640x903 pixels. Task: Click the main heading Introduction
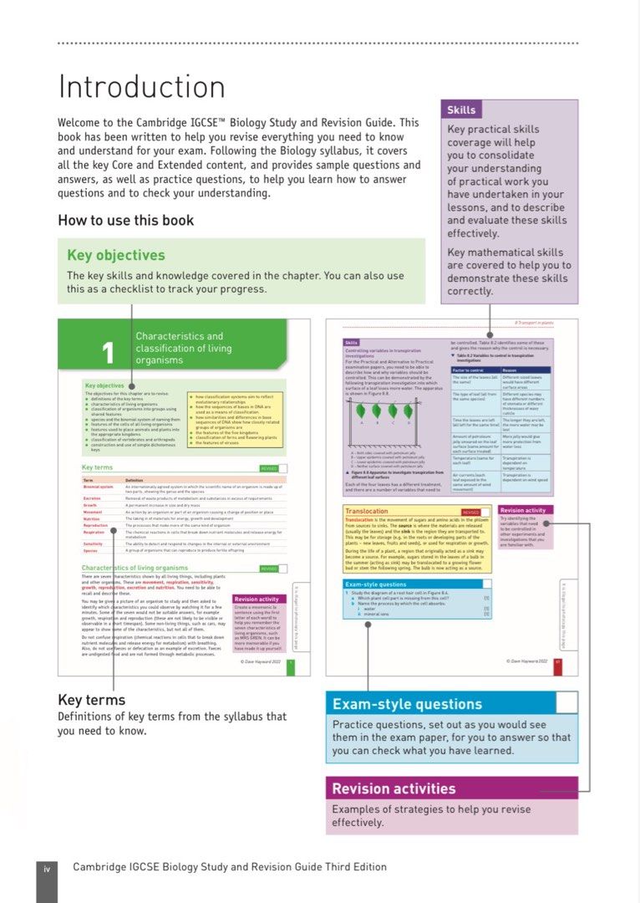coord(141,88)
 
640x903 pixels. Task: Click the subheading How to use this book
coord(125,221)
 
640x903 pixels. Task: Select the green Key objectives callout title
coord(116,255)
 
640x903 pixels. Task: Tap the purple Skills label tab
coord(461,110)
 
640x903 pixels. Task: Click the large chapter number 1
coord(108,354)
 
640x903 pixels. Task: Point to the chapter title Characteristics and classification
coord(180,348)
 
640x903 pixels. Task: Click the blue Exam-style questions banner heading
coord(407,704)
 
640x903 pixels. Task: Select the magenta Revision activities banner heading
coord(394,788)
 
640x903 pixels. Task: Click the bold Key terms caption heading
coord(91,700)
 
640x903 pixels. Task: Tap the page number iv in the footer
coord(47,868)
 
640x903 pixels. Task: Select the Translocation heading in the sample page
coord(367,511)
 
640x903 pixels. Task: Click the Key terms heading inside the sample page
coord(97,467)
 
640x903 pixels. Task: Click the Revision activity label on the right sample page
coord(525,510)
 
